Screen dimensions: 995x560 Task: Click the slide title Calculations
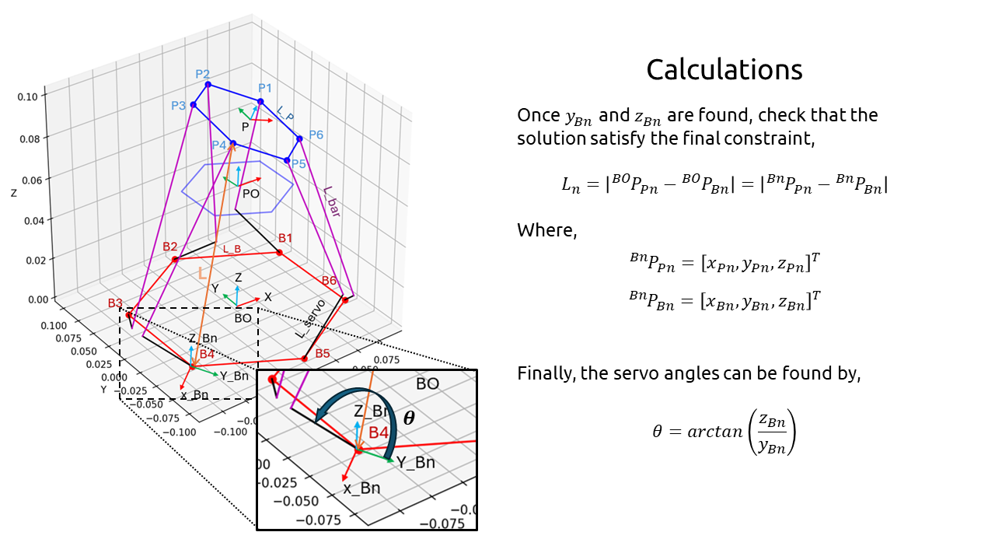pyautogui.click(x=724, y=70)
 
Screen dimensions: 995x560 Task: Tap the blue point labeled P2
pyautogui.click(x=208, y=84)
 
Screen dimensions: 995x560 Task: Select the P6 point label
pyautogui.click(x=316, y=135)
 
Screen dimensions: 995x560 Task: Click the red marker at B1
pyautogui.click(x=279, y=252)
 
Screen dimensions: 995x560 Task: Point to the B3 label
pyautogui.click(x=115, y=303)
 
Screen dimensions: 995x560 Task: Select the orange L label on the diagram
pyautogui.click(x=202, y=273)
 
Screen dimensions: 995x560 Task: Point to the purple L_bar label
pyautogui.click(x=332, y=201)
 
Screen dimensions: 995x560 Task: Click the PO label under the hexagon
pyautogui.click(x=250, y=194)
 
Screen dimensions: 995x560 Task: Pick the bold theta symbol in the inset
pyautogui.click(x=408, y=418)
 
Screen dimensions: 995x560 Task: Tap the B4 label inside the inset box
pyautogui.click(x=378, y=432)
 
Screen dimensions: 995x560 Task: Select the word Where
pyautogui.click(x=546, y=230)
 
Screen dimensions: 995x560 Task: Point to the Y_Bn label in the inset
pyautogui.click(x=415, y=462)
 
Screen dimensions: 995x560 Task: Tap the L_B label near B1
pyautogui.click(x=232, y=249)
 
